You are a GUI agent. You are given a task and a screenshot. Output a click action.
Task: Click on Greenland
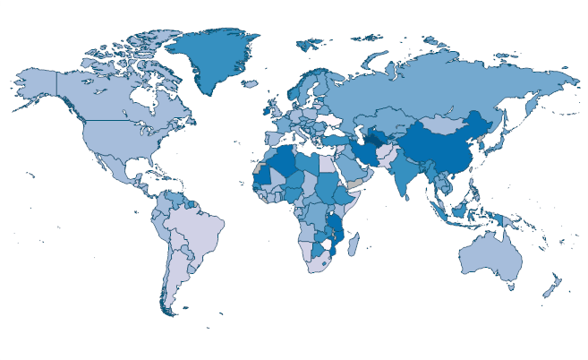(x=210, y=58)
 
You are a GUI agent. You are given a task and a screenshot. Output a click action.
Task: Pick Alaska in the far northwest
(x=36, y=85)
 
